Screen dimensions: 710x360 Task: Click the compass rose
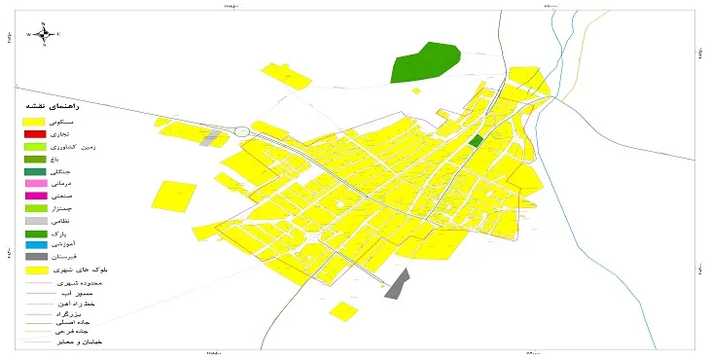point(43,34)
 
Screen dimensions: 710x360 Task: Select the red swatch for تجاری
point(35,133)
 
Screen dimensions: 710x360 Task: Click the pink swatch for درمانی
point(35,184)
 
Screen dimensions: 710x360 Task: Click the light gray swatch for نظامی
point(35,221)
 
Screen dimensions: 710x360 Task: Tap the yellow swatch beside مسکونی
point(35,120)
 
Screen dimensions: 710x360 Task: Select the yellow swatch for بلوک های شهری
point(35,270)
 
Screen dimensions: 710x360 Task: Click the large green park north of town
point(424,63)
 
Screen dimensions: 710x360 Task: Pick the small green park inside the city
point(475,141)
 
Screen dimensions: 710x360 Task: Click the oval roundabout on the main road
point(241,131)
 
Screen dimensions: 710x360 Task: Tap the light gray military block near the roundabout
point(211,137)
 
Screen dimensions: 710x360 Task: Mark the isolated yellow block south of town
point(342,311)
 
